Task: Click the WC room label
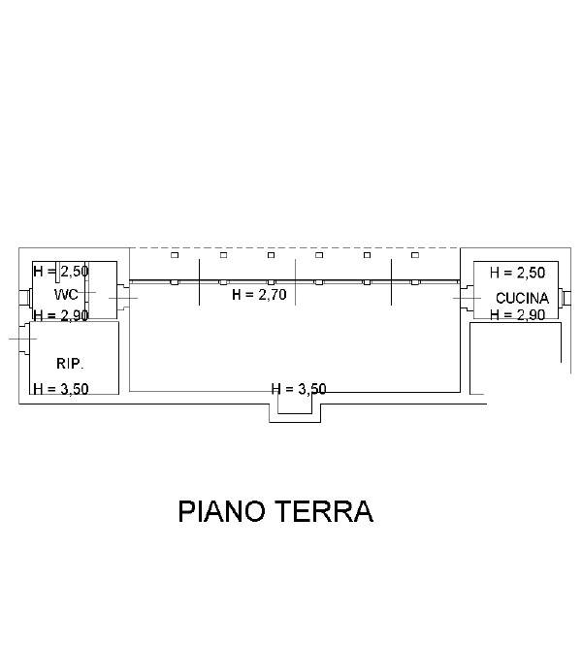pos(66,295)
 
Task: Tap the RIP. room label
pos(70,364)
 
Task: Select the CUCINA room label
pos(522,298)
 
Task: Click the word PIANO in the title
pos(221,511)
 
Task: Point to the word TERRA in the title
pos(324,511)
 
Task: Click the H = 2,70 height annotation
pos(259,295)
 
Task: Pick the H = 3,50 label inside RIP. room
pos(61,389)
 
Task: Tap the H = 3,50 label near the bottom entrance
pos(299,389)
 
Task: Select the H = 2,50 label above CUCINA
pos(518,273)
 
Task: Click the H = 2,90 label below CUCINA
pos(518,315)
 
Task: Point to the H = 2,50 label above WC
pos(61,271)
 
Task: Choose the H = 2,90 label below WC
pos(61,315)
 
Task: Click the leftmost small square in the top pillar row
pos(175,255)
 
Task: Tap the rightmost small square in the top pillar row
pos(415,255)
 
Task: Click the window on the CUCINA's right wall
pos(565,297)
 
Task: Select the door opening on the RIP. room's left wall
pos(24,339)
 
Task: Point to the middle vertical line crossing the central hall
pos(295,282)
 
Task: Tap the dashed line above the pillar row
pos(295,248)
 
